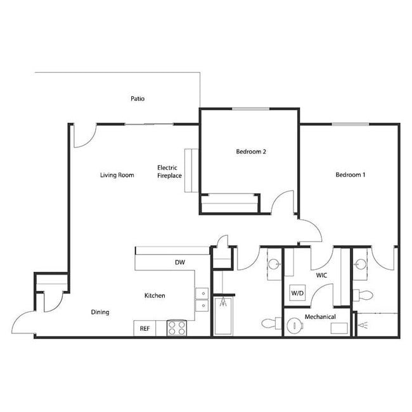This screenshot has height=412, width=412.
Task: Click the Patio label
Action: (x=138, y=99)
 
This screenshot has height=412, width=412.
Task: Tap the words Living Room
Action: (x=117, y=175)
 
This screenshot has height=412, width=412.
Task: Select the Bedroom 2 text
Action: (x=250, y=152)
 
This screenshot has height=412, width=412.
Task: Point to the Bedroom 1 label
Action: (x=351, y=175)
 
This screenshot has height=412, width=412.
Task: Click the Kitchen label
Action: (x=155, y=295)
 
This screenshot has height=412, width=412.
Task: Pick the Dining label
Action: (x=100, y=312)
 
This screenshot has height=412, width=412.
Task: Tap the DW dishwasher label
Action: (x=179, y=262)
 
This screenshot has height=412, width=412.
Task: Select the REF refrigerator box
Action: (x=144, y=328)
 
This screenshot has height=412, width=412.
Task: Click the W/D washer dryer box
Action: (x=297, y=294)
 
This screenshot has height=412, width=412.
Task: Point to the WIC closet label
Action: (x=321, y=276)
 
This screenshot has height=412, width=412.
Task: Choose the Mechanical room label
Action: (x=319, y=316)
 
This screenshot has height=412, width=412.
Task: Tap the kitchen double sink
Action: (x=202, y=299)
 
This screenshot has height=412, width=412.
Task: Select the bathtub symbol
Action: (x=223, y=316)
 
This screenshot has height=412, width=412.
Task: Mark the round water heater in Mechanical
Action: (x=295, y=327)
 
